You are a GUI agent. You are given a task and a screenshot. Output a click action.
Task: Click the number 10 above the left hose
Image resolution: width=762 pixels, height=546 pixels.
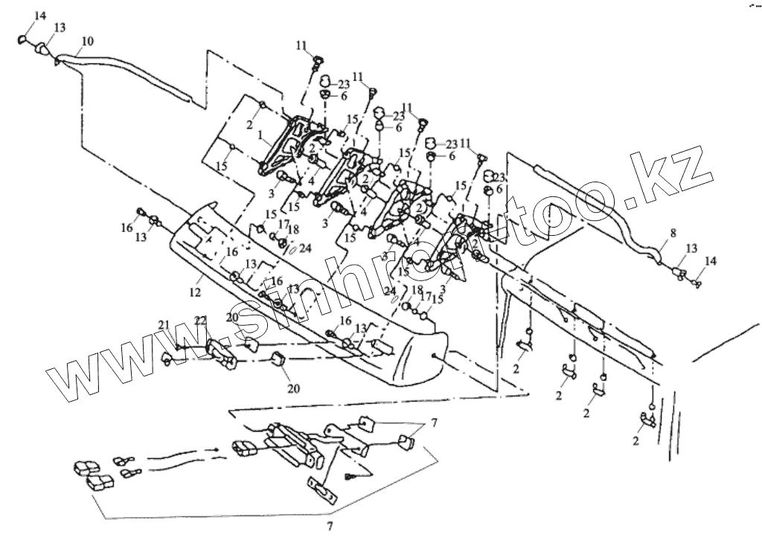tap(87, 41)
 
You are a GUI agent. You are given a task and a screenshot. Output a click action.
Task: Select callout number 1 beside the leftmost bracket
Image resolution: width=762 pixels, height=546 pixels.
tap(260, 137)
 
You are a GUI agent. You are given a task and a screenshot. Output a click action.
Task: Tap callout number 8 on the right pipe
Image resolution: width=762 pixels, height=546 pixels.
tap(672, 234)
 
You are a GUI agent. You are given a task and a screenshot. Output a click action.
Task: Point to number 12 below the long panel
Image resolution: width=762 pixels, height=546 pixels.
tap(195, 293)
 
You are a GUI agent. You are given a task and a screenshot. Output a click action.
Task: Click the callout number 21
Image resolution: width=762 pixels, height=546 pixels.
tap(164, 324)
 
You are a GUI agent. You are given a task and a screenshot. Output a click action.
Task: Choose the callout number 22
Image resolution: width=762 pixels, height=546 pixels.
tap(199, 321)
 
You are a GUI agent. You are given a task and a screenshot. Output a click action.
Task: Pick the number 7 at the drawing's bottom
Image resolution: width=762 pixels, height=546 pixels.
tap(329, 527)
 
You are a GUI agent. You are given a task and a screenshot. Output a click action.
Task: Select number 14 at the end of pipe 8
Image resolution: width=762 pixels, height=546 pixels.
tap(710, 261)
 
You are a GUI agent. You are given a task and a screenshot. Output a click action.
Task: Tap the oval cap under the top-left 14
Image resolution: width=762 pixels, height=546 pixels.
tap(23, 39)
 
